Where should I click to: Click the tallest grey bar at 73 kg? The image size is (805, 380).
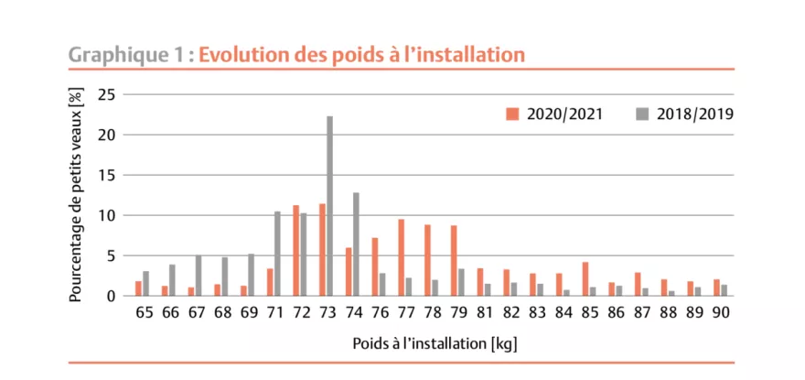click(329, 206)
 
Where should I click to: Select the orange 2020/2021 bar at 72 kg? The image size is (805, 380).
click(295, 251)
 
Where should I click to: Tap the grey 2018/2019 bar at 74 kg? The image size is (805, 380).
click(356, 244)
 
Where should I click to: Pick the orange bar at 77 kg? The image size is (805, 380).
click(401, 257)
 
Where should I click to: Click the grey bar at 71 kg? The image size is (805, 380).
click(277, 254)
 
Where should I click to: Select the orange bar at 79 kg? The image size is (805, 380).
click(453, 261)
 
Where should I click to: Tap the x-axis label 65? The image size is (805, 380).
click(143, 312)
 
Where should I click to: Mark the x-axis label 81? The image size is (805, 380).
click(484, 312)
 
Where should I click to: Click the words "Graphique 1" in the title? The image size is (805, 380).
click(123, 54)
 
